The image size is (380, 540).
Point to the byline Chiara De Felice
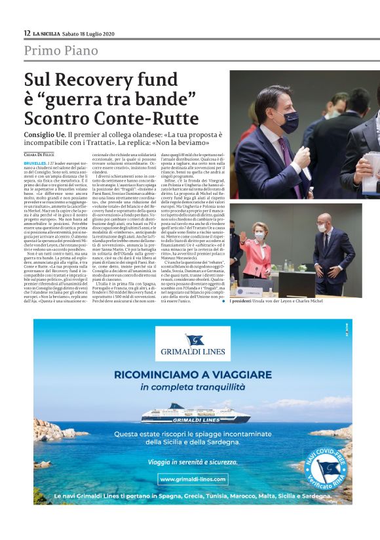[39, 155]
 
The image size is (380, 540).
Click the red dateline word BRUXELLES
[35, 161]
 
